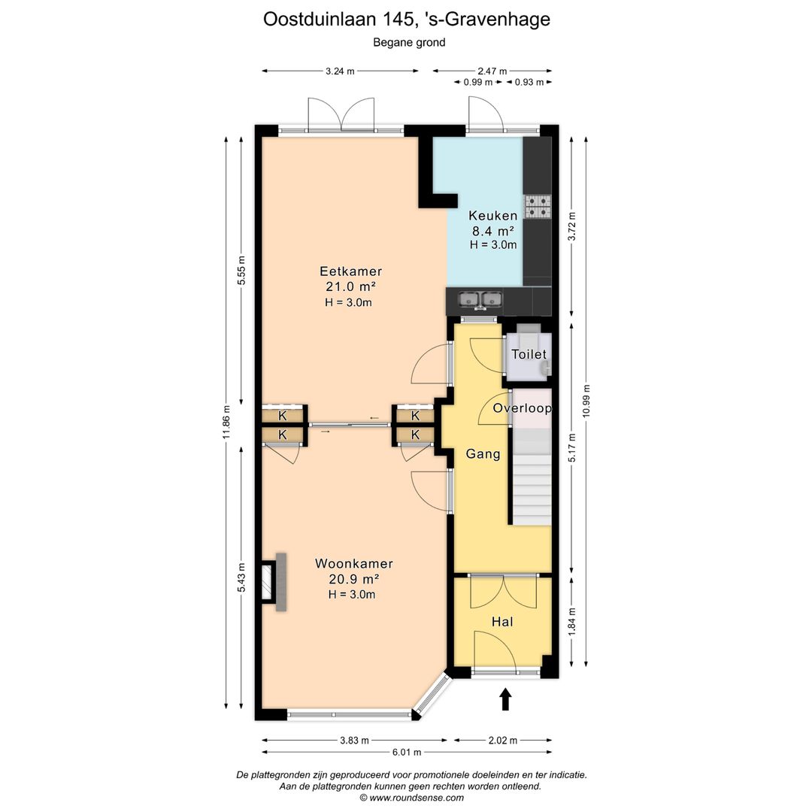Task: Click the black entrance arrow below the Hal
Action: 505,699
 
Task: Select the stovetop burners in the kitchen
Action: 538,206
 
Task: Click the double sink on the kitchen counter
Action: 481,300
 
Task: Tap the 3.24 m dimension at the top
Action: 340,71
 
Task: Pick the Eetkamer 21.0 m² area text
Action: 350,286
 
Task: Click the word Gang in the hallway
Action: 483,454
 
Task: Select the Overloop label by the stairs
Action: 522,408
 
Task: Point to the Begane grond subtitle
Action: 409,43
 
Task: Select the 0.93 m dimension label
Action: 529,83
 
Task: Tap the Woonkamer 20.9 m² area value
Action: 353,579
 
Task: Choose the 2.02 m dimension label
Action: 503,741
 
